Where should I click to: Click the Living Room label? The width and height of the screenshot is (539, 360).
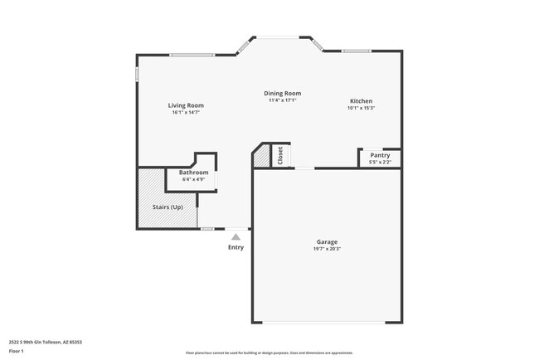point(186,105)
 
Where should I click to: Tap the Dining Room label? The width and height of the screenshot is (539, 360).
point(282,94)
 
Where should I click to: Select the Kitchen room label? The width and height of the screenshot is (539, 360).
point(361,101)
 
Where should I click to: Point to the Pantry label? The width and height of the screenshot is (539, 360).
point(380,155)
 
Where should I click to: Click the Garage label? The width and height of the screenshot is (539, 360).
point(327,242)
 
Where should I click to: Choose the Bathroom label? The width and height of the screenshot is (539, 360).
point(193,173)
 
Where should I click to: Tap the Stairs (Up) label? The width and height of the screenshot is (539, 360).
point(168,207)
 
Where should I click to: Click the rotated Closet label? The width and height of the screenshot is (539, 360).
point(280,155)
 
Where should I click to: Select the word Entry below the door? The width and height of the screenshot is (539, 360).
point(236,247)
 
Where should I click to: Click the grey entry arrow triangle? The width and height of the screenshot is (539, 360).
point(236,237)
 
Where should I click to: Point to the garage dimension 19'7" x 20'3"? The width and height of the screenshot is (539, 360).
point(327,249)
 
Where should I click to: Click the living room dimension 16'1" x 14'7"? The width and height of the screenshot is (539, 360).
point(186,112)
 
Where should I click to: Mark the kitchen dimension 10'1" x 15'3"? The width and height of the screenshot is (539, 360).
point(361,108)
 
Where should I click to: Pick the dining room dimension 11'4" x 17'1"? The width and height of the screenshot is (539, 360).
point(282,100)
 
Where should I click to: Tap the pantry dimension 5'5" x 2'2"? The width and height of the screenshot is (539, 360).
point(380,162)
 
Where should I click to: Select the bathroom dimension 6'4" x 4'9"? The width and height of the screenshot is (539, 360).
point(193,179)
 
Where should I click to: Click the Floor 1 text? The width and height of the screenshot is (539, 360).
point(16,351)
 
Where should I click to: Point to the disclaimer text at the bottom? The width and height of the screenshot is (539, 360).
point(269,353)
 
